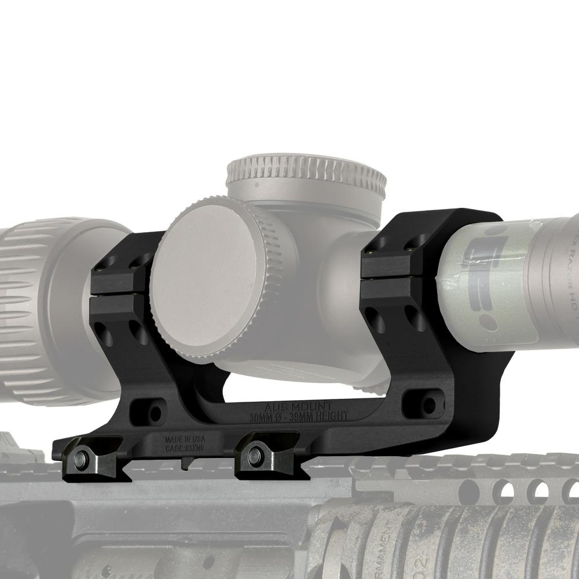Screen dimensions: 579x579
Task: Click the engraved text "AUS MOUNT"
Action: pos(305,407)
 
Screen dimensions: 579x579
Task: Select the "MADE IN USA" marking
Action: pos(184,438)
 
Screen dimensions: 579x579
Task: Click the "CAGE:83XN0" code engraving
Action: pos(184,446)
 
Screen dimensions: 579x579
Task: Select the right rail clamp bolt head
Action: pos(253,456)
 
